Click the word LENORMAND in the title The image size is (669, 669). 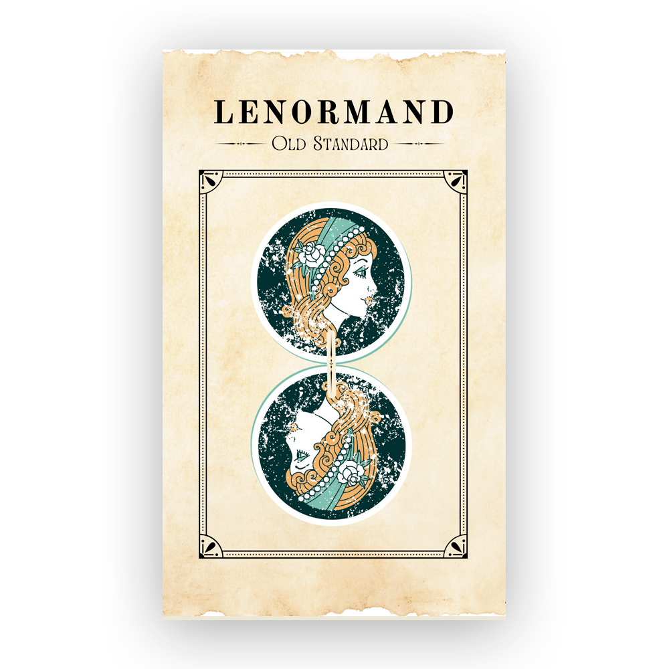333,112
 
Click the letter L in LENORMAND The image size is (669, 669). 223,112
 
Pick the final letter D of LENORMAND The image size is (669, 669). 442,112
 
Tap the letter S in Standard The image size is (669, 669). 316,144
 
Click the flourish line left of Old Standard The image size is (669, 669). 242,144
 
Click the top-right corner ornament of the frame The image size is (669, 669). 454,183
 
